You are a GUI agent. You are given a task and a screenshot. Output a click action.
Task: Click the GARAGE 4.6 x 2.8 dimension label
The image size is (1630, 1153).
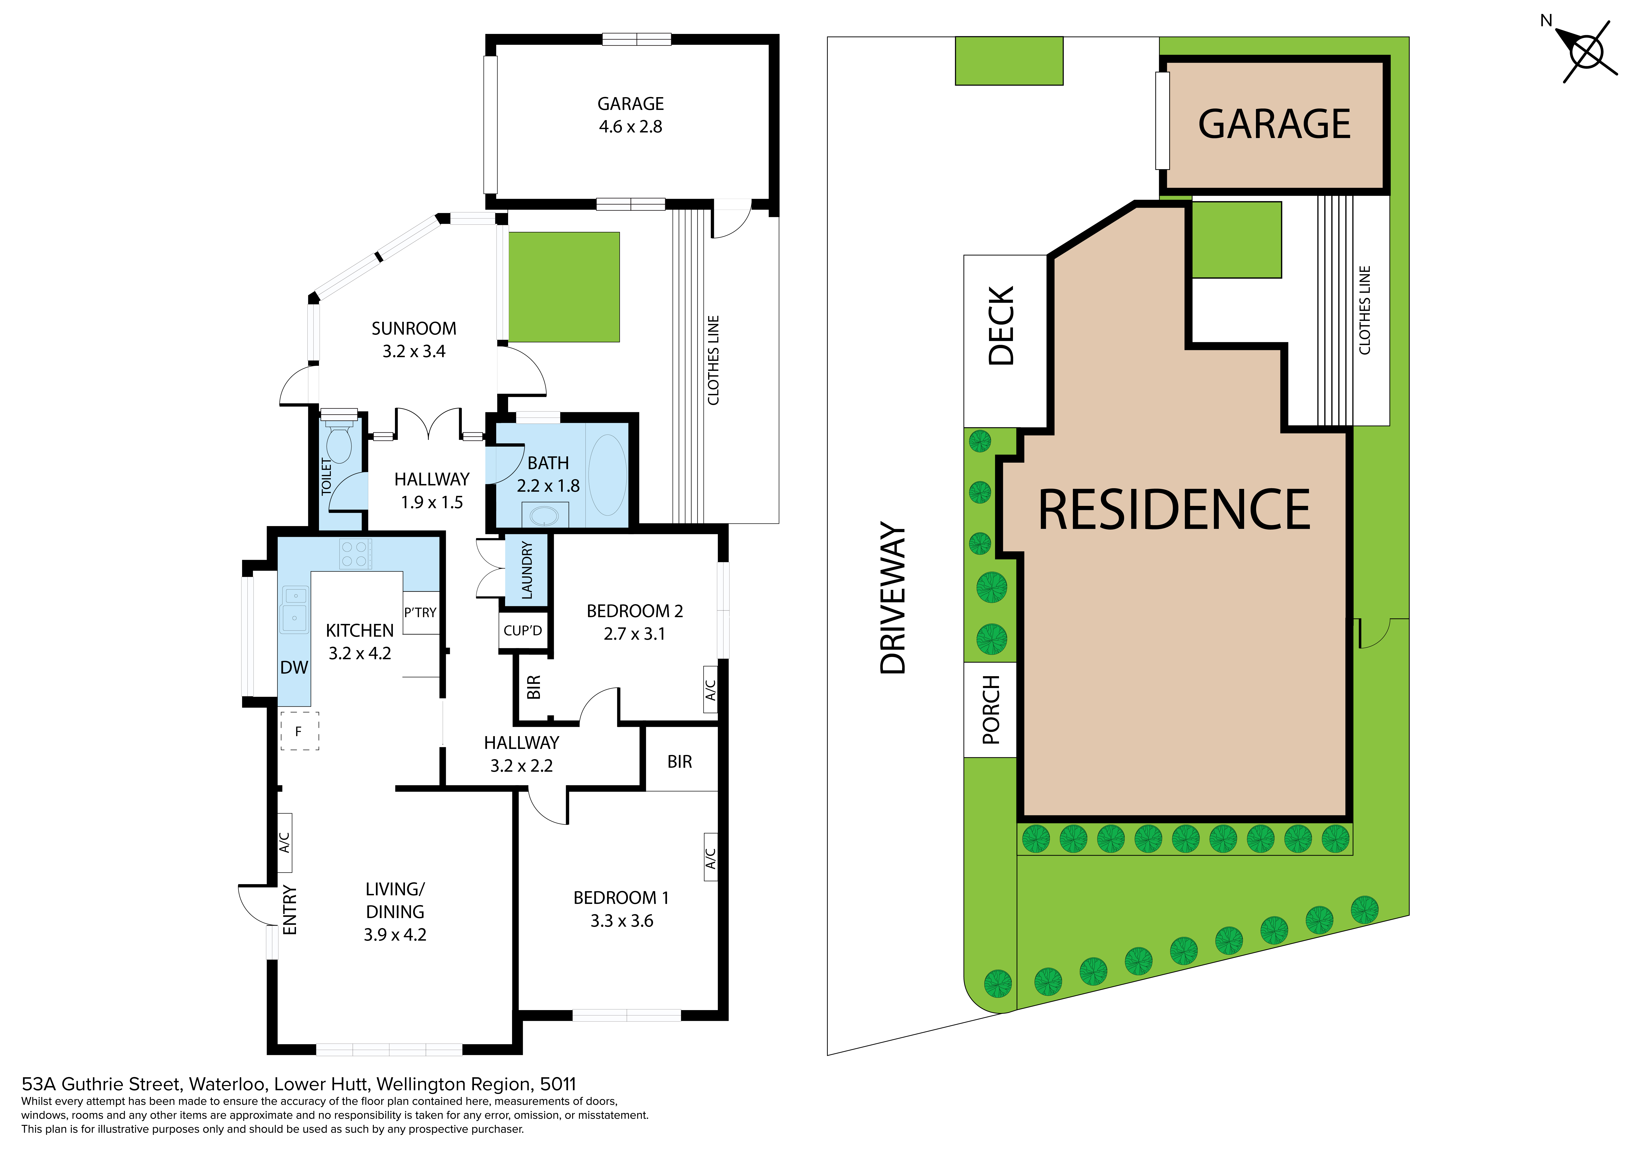pyautogui.click(x=631, y=115)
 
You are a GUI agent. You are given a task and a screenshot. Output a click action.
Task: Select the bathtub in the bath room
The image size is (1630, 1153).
pyautogui.click(x=607, y=475)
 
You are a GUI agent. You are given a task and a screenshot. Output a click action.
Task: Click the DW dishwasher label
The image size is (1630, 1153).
pyautogui.click(x=294, y=667)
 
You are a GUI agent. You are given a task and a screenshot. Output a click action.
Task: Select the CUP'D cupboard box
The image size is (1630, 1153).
pyautogui.click(x=523, y=630)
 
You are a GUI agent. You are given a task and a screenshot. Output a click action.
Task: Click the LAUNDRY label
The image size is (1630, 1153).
pyautogui.click(x=527, y=570)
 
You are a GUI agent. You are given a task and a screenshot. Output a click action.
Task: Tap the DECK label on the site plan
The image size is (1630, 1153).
pyautogui.click(x=1002, y=326)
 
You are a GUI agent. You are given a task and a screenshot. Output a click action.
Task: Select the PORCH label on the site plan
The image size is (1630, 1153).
pyautogui.click(x=991, y=710)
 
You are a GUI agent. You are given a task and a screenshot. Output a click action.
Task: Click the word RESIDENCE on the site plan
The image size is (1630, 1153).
pyautogui.click(x=1174, y=510)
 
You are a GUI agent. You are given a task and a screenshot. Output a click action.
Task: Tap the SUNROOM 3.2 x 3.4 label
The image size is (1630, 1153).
pyautogui.click(x=414, y=339)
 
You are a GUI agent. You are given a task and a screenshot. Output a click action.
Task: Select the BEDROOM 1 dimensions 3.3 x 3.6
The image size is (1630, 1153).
pyautogui.click(x=622, y=921)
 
